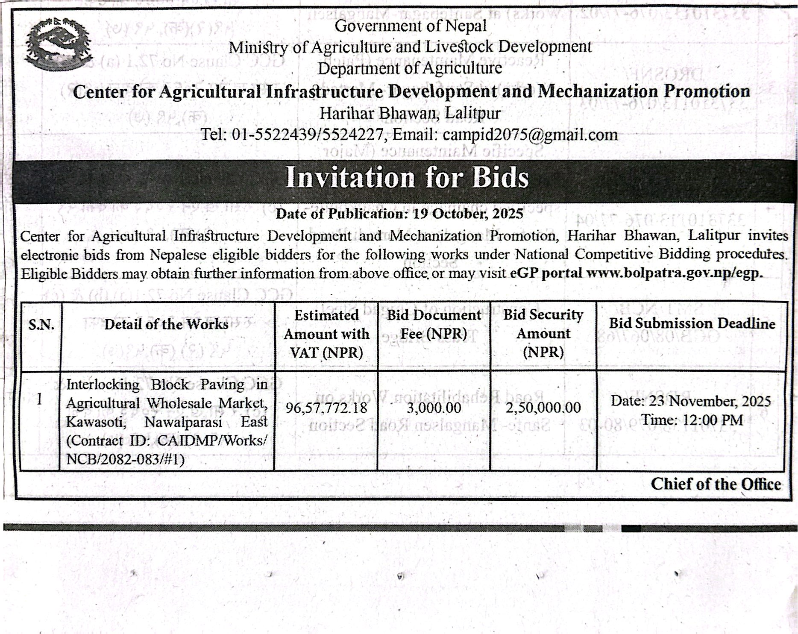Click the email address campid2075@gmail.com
pos(530,135)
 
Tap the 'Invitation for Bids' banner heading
pos(407,177)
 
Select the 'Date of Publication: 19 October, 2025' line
pos(399,214)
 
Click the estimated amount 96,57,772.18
pos(326,408)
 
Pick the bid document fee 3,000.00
pos(434,408)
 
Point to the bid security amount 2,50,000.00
pos(543,408)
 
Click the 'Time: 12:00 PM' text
pos(692,420)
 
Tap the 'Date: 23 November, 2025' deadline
pos(690,402)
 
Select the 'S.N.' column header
pos(41,325)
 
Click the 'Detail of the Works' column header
pos(167,325)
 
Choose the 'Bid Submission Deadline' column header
pos(692,324)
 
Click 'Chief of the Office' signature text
pos(716,484)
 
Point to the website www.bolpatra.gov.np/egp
pos(675,273)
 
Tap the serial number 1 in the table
pos(40,400)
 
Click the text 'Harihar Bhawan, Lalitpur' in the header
pos(410,113)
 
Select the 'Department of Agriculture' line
pos(410,68)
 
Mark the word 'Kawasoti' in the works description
pos(96,422)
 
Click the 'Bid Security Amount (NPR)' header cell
pos(543,333)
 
